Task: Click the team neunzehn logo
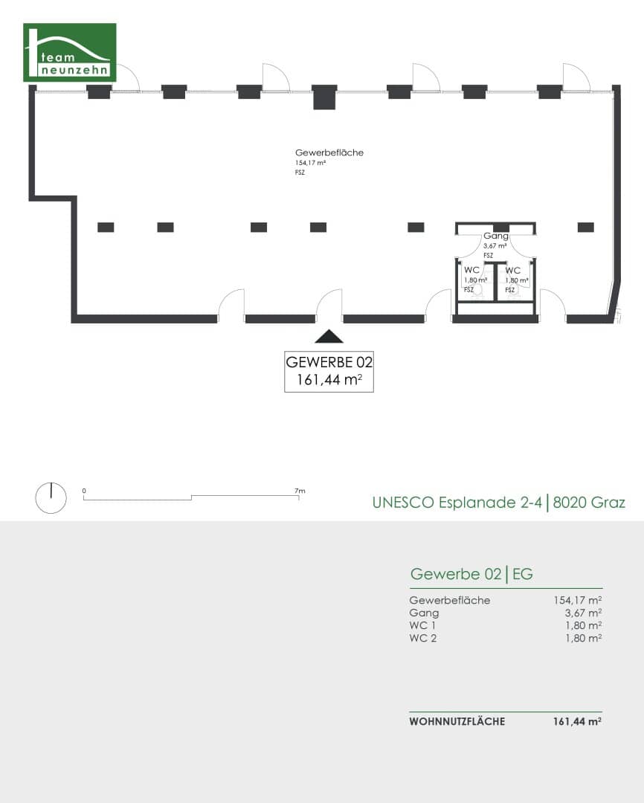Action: coord(70,52)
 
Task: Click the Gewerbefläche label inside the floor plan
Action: coord(329,152)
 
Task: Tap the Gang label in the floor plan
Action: coord(496,236)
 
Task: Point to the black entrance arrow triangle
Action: coord(329,337)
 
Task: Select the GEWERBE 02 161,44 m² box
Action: coord(329,372)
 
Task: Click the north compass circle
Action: coord(51,497)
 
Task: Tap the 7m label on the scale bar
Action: coord(300,491)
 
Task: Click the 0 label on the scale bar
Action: coord(84,491)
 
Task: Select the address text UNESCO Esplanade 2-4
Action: coord(457,503)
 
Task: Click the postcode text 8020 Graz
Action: coord(589,503)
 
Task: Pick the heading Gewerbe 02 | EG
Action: coord(471,574)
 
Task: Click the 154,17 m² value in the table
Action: coord(577,600)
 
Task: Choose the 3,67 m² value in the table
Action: coord(583,613)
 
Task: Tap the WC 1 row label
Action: coord(422,625)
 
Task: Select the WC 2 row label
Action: coord(423,638)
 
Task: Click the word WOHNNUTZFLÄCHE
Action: coord(457,721)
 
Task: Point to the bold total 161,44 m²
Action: coord(577,721)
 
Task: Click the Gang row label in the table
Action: coord(424,613)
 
